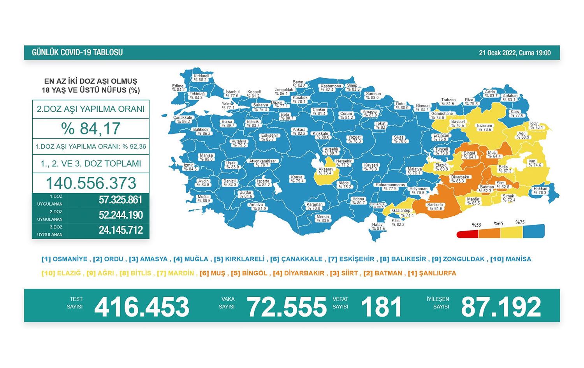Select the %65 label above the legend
[x=498, y=224]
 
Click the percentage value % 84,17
[x=91, y=129]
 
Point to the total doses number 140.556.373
[x=91, y=183]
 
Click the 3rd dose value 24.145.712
[x=121, y=230]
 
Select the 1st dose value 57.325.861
[x=121, y=200]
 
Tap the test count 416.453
[x=142, y=307]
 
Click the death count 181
[x=381, y=307]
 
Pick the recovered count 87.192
[x=501, y=307]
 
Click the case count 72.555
[x=287, y=307]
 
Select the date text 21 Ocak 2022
[x=498, y=53]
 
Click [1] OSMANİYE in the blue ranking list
[x=65, y=259]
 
